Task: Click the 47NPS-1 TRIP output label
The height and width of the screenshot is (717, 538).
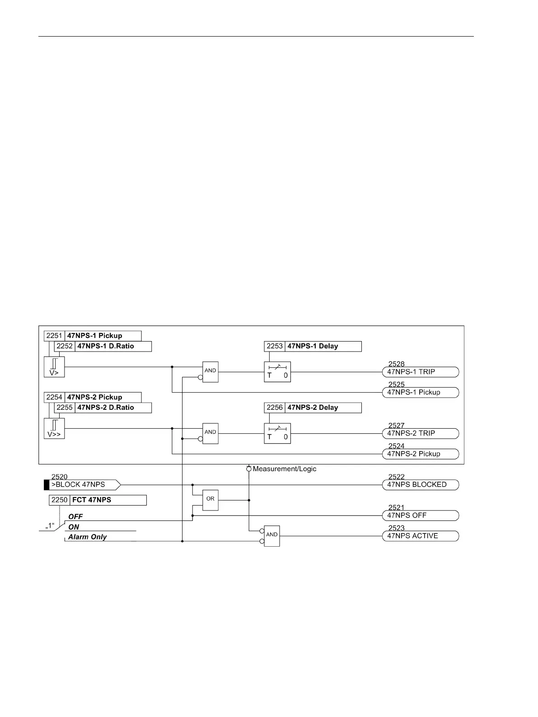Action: click(x=421, y=372)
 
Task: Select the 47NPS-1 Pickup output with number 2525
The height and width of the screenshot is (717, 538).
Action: click(x=421, y=392)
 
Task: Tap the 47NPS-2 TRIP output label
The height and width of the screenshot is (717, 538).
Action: click(x=421, y=433)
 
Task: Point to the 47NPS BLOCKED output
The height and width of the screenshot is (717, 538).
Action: click(x=421, y=485)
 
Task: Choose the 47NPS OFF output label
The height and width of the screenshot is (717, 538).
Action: click(x=421, y=515)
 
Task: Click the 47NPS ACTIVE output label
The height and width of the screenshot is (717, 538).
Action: click(x=421, y=536)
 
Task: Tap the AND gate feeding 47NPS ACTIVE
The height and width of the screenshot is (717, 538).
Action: click(x=272, y=536)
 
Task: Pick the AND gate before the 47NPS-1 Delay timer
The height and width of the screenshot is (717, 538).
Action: click(x=211, y=372)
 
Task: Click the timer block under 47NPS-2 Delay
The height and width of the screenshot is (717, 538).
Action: click(x=277, y=433)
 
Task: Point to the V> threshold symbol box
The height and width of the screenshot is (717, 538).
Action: click(x=54, y=367)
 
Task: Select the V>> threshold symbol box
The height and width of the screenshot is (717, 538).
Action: click(x=54, y=428)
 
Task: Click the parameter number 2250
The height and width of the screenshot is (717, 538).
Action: click(x=59, y=500)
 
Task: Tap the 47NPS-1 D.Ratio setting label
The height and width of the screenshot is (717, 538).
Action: click(x=106, y=347)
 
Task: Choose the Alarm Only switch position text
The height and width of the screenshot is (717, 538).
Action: click(x=88, y=537)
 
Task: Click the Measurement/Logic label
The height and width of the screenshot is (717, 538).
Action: click(x=285, y=469)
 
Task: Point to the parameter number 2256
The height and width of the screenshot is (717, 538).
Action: click(x=275, y=408)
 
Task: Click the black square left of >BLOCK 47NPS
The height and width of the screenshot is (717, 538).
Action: click(x=47, y=485)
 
